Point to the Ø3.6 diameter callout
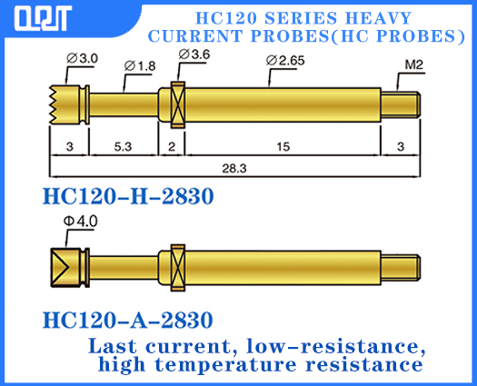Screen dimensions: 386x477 (x=194, y=55)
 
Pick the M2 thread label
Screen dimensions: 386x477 (x=413, y=64)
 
